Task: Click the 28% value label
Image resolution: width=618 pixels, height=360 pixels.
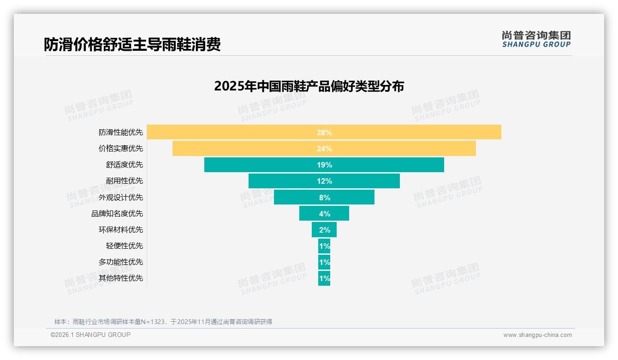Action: [x=324, y=132]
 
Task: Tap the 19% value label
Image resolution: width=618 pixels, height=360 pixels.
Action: [x=324, y=165]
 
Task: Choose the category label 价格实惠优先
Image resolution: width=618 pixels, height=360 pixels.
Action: [x=121, y=149]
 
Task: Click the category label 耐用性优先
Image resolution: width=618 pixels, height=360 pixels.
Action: [x=125, y=181]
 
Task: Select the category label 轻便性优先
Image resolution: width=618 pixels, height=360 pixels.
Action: [x=125, y=246]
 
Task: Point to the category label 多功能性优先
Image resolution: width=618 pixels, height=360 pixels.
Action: [x=121, y=262]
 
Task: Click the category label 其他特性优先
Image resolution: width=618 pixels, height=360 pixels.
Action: [x=121, y=278]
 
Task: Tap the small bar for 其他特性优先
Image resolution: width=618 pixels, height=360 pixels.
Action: [x=324, y=278]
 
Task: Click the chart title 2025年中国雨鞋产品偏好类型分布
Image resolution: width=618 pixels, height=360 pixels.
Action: [x=309, y=86]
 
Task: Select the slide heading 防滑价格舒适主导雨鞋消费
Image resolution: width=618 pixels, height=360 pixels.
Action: [x=132, y=44]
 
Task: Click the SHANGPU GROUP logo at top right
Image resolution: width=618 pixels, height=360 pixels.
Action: [x=536, y=39]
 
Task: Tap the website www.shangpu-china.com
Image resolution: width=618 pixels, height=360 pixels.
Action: [x=537, y=335]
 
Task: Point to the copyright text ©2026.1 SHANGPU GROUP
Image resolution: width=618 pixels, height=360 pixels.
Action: [x=90, y=335]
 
